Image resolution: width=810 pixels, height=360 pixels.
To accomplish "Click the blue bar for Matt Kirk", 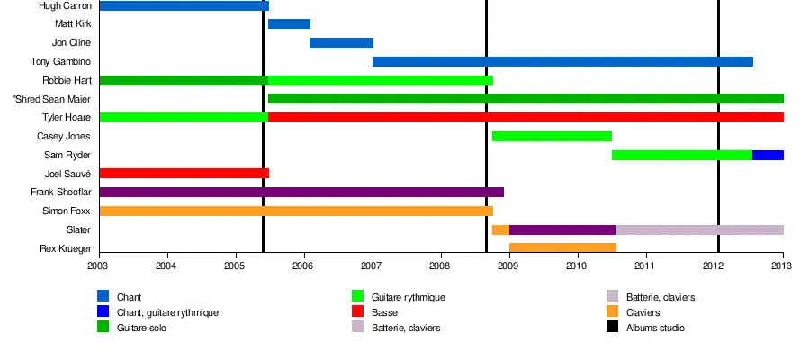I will click(289, 23).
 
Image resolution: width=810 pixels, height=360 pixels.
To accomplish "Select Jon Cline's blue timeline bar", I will click(341, 42).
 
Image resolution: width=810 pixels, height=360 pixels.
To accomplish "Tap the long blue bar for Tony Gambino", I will click(562, 61).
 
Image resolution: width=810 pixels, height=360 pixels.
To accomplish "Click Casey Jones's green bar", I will click(552, 136).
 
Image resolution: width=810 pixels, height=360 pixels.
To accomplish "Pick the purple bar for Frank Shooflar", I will click(301, 192).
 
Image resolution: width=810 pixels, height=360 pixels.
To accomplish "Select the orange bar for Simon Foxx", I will click(296, 211).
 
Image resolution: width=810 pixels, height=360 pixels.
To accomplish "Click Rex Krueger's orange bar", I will click(562, 247).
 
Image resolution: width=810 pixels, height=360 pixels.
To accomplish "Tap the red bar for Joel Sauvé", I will click(184, 173).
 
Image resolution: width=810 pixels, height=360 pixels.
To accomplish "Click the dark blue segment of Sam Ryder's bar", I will click(768, 155).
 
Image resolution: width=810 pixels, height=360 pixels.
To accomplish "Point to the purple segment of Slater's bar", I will click(562, 229).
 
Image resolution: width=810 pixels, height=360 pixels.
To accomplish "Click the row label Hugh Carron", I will click(65, 5).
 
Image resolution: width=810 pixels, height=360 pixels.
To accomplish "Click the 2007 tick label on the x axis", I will click(372, 266).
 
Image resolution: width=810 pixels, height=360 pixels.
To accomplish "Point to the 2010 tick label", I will click(577, 266).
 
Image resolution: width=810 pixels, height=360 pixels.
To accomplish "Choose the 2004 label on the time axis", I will click(166, 266).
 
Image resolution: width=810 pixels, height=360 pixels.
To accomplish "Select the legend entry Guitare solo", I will click(140, 328).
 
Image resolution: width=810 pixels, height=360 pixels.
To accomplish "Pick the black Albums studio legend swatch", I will click(612, 328).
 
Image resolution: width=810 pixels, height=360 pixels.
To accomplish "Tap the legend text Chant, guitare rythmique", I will click(167, 312).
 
